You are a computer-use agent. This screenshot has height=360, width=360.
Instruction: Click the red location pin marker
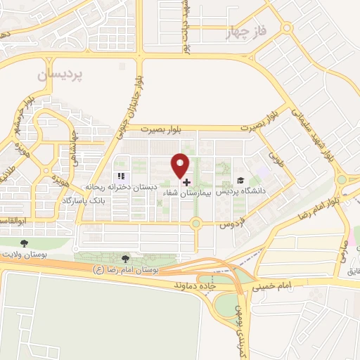coord(181,166)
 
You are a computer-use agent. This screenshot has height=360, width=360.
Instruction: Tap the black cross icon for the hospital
coord(186,181)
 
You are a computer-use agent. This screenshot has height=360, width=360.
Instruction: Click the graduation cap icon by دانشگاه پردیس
coord(240,181)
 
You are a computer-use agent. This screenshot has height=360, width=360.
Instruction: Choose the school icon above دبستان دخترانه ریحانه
coord(121,176)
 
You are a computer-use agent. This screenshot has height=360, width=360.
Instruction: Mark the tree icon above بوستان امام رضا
coord(126,259)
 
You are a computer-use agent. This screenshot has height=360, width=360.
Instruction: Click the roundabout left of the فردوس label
coord(196,224)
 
